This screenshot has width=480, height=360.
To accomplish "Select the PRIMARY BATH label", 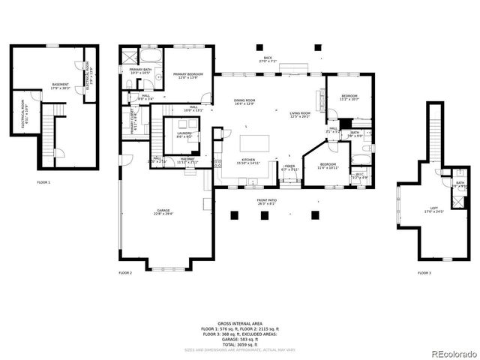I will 141,71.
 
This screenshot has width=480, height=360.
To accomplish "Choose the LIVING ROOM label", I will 300,115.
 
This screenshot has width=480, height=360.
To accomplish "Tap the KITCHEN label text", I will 249,161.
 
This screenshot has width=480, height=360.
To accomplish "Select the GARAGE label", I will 163,212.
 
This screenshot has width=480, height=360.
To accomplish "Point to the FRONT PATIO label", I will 267,202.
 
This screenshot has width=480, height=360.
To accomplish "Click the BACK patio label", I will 268,59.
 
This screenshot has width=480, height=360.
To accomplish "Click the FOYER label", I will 289,168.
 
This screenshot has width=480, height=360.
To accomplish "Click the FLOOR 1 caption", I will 44,182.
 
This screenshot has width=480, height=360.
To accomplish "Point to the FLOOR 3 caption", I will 424,273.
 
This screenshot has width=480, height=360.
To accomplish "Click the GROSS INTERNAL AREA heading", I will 240,324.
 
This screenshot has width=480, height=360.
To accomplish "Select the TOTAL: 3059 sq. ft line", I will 240,343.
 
